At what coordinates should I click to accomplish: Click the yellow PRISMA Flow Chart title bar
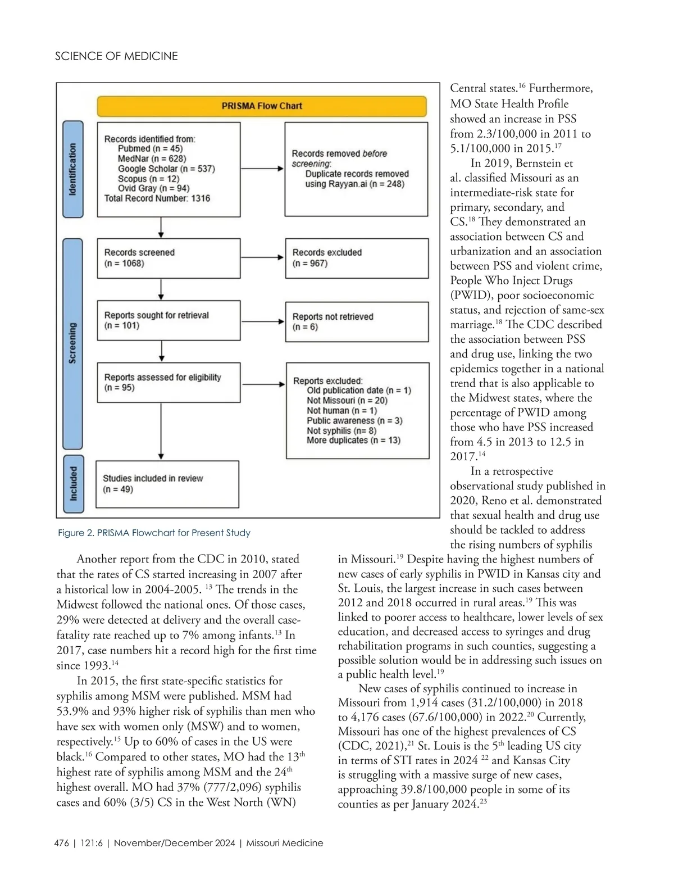[261, 106]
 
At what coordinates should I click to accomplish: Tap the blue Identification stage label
[72, 169]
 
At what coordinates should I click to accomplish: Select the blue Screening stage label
[72, 343]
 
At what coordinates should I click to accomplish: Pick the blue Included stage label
[73, 484]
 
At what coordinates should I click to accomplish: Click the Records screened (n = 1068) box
[168, 258]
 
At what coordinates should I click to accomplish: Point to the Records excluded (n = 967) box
[357, 258]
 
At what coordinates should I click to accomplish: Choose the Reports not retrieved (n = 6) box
[357, 321]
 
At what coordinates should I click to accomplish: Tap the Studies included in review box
[167, 484]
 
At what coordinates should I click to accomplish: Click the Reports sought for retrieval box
[168, 320]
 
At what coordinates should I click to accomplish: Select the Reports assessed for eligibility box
[168, 383]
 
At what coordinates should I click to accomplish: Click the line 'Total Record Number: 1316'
[157, 198]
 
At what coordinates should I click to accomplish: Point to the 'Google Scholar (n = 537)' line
[166, 169]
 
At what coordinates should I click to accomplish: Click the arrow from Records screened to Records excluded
[262, 257]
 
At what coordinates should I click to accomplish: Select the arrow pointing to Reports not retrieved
[262, 321]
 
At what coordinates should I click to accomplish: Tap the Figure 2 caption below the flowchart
[154, 533]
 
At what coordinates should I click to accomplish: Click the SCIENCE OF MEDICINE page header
[116, 56]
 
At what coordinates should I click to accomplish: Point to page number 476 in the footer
[62, 843]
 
